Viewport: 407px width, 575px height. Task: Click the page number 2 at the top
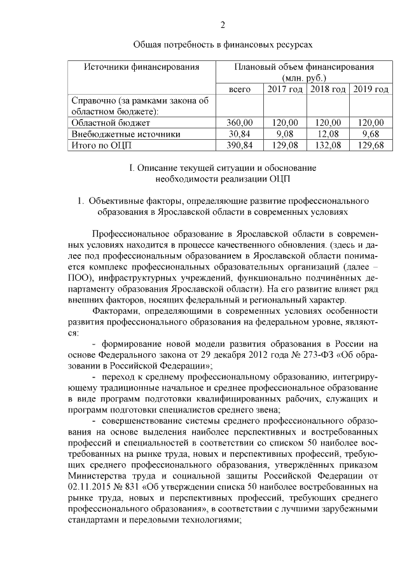click(x=223, y=25)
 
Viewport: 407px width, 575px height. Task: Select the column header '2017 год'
click(x=284, y=89)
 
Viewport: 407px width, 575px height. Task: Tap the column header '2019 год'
click(x=371, y=89)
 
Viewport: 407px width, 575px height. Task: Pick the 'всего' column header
click(x=240, y=89)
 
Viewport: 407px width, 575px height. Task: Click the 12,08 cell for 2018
click(x=328, y=134)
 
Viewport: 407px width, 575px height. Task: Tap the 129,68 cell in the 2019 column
click(x=371, y=145)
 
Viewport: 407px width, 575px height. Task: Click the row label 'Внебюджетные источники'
click(x=126, y=134)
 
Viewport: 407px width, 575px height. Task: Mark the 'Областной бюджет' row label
click(x=111, y=123)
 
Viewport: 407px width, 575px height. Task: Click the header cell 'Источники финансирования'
click(x=142, y=66)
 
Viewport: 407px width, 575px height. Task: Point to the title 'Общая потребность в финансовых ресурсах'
click(x=223, y=46)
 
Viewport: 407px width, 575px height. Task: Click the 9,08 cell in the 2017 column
click(x=284, y=134)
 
